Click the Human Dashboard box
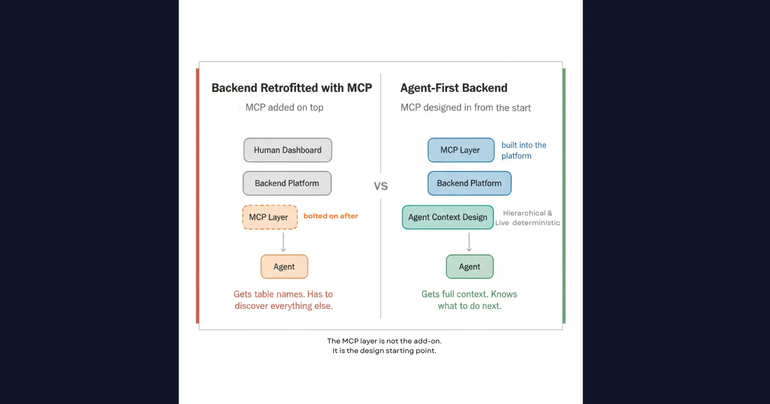[x=287, y=150]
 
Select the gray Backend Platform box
[x=287, y=183]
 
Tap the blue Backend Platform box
[x=469, y=183]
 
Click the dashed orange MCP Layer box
[x=269, y=217]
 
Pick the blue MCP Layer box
[x=461, y=150]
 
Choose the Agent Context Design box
[x=448, y=217]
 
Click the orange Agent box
[x=284, y=267]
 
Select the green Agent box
[x=469, y=267]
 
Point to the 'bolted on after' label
[x=331, y=216]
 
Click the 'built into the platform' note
[x=523, y=150]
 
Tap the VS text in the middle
[x=381, y=186]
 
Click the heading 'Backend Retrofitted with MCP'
[x=292, y=88]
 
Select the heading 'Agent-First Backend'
[x=453, y=88]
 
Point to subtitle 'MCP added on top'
[x=284, y=108]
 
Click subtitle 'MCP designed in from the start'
[x=465, y=108]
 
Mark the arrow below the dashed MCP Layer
[x=283, y=242]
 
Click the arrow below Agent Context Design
[x=469, y=242]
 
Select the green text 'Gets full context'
[x=454, y=294]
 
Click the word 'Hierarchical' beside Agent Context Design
[x=524, y=213]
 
